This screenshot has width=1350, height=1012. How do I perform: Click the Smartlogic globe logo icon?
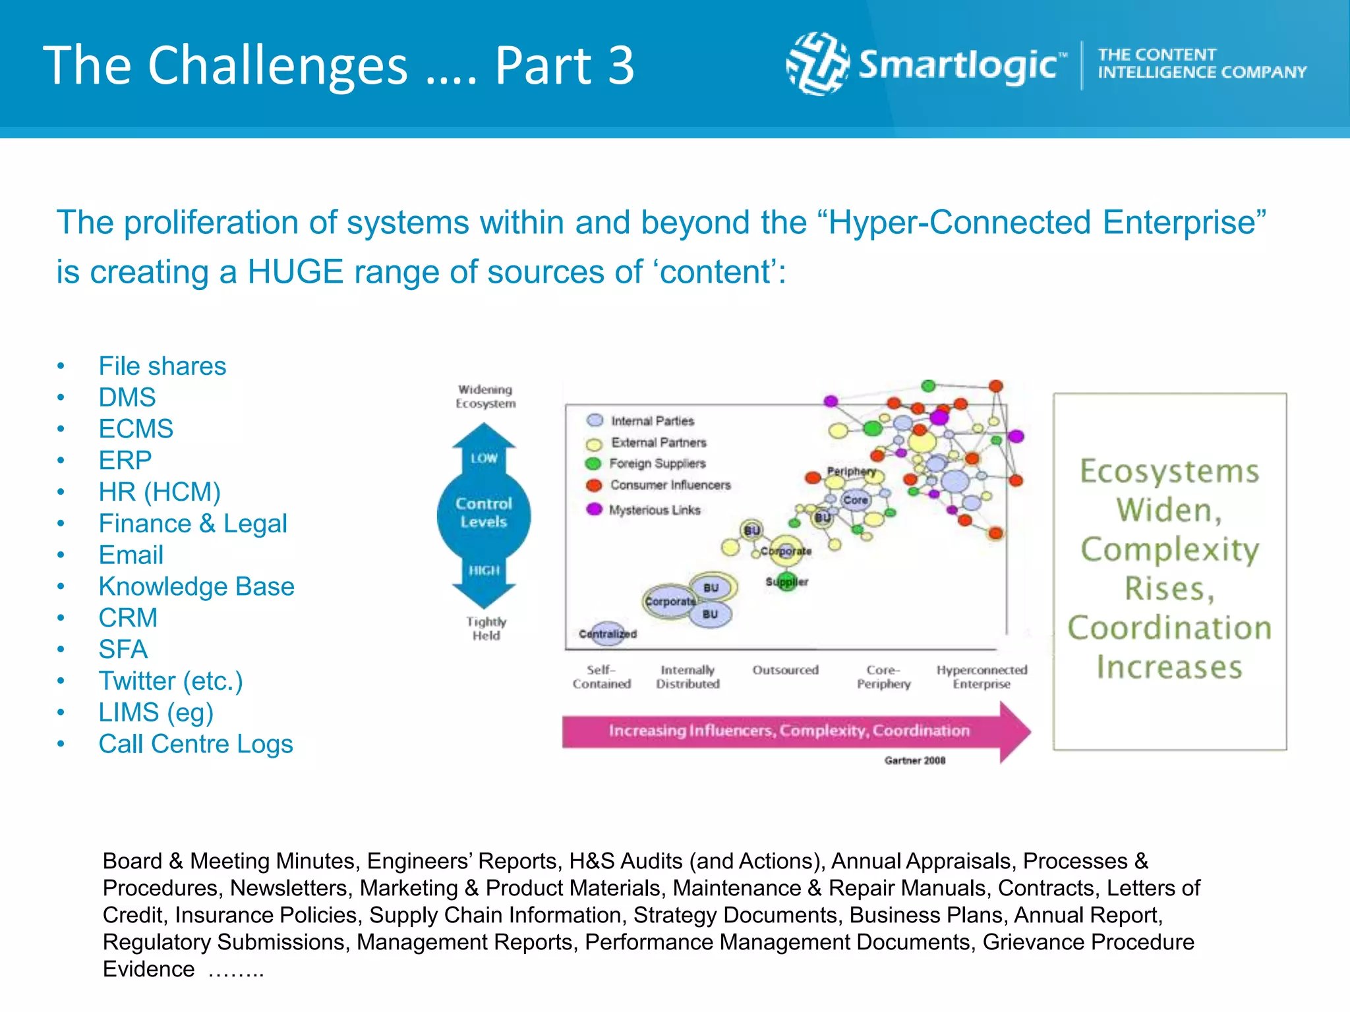[x=817, y=64]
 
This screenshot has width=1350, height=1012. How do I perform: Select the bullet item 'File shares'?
[x=162, y=366]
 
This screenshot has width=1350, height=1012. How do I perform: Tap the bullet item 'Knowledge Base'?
[x=196, y=586]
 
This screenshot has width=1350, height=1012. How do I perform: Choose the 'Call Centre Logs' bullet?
[x=196, y=744]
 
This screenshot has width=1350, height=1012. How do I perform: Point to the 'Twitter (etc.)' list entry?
[x=171, y=681]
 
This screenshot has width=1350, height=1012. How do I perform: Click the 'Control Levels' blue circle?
[x=484, y=513]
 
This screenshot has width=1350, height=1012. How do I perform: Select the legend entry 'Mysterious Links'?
[x=654, y=510]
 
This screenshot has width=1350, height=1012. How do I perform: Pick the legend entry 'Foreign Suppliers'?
[x=657, y=463]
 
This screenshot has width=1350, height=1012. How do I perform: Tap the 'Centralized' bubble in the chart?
[x=607, y=633]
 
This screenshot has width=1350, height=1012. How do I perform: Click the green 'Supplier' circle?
[x=787, y=582]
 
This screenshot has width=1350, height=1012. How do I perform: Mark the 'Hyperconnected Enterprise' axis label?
[x=982, y=677]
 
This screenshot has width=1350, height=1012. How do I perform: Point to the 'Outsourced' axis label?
[x=785, y=670]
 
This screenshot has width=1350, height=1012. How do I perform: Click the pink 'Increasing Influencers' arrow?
[x=789, y=731]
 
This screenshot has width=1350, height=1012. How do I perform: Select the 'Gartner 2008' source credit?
[x=914, y=760]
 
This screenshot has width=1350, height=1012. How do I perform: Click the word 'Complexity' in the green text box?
[x=1169, y=549]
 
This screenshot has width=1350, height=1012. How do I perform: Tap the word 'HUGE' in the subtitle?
[x=295, y=271]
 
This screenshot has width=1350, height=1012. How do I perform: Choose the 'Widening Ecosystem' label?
[x=485, y=397]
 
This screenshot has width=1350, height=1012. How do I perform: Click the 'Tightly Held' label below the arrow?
[x=486, y=629]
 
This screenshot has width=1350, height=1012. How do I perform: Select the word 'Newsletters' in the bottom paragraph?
[x=288, y=888]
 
